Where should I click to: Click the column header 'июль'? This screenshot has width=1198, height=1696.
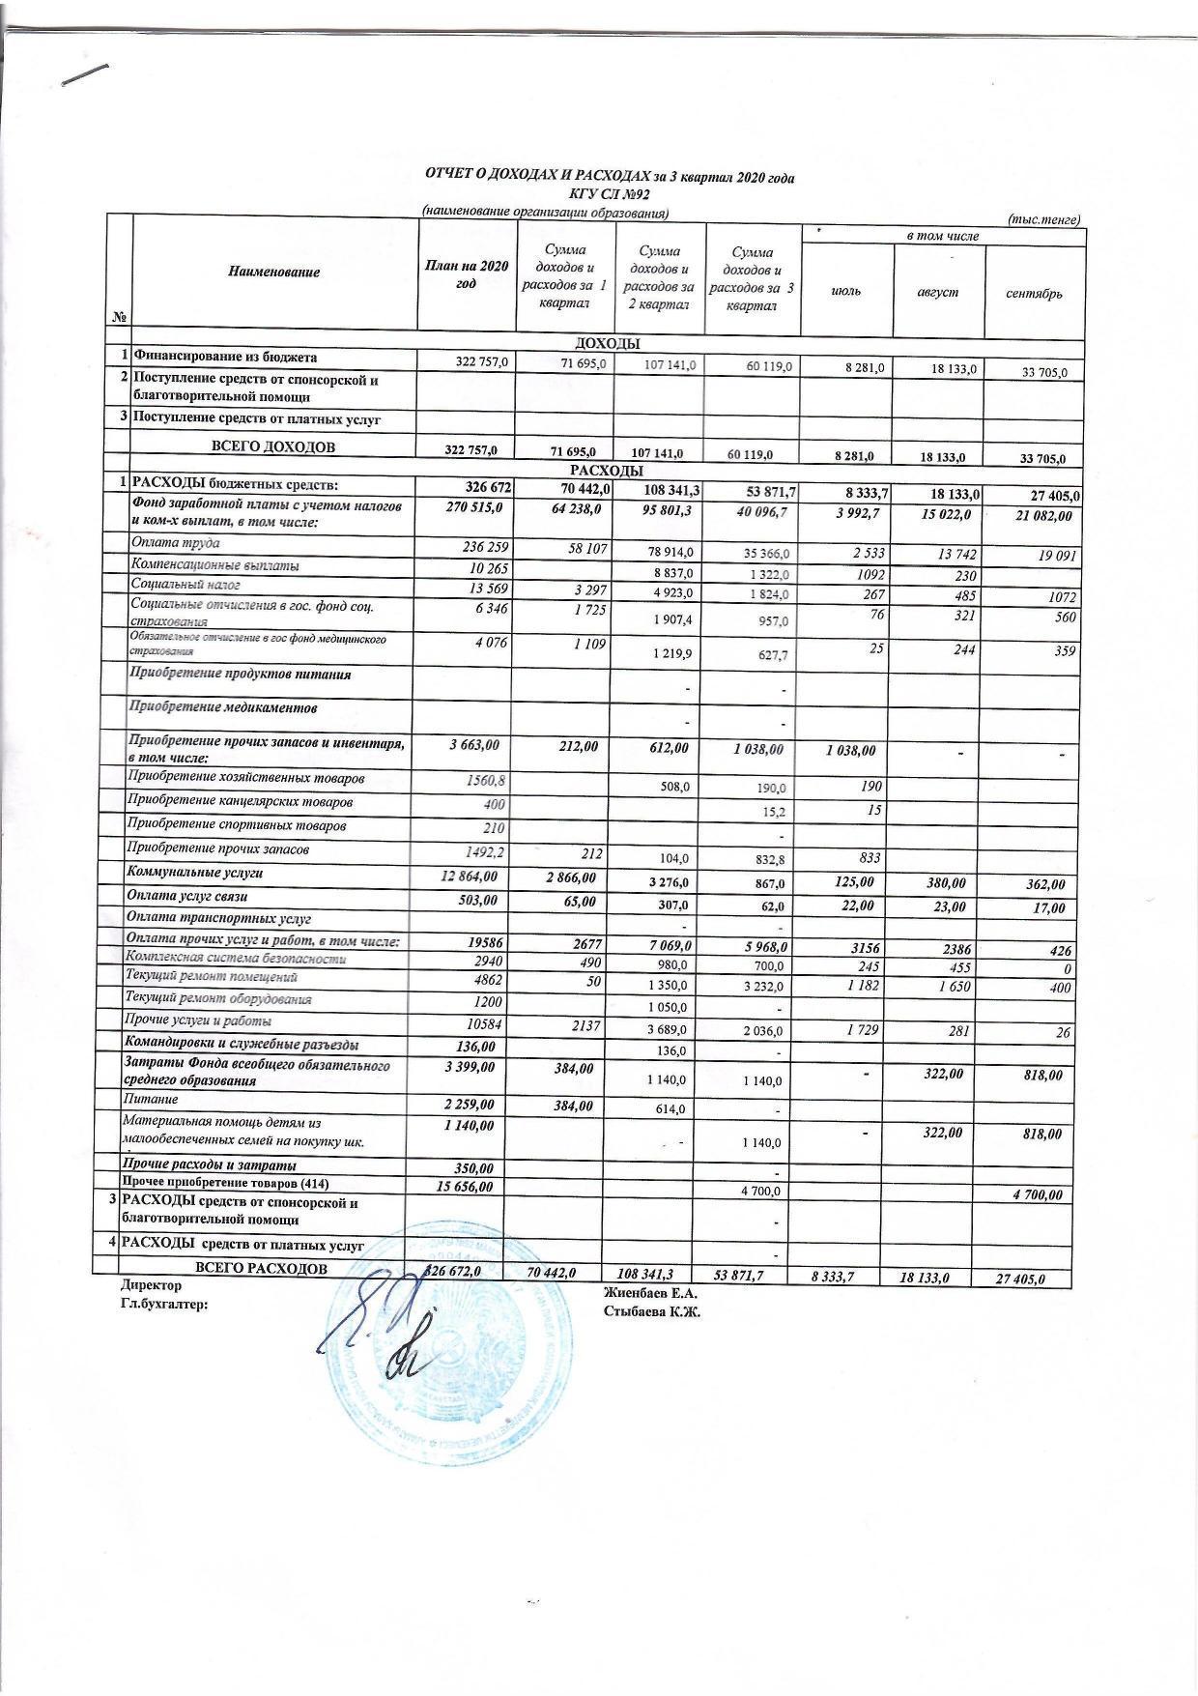[845, 292]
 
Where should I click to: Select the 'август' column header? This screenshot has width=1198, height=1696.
[937, 292]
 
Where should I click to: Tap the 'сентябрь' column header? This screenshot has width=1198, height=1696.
[1033, 293]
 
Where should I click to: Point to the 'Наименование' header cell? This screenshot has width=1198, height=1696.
[273, 273]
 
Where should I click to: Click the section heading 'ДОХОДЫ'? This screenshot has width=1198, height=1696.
[608, 343]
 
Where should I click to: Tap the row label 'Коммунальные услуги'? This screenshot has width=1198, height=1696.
[195, 873]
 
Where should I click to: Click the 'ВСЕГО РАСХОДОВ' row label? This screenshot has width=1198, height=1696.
[261, 1268]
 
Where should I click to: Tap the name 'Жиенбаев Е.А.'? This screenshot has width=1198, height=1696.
[649, 1292]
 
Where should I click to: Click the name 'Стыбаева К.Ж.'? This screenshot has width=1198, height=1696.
[651, 1311]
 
